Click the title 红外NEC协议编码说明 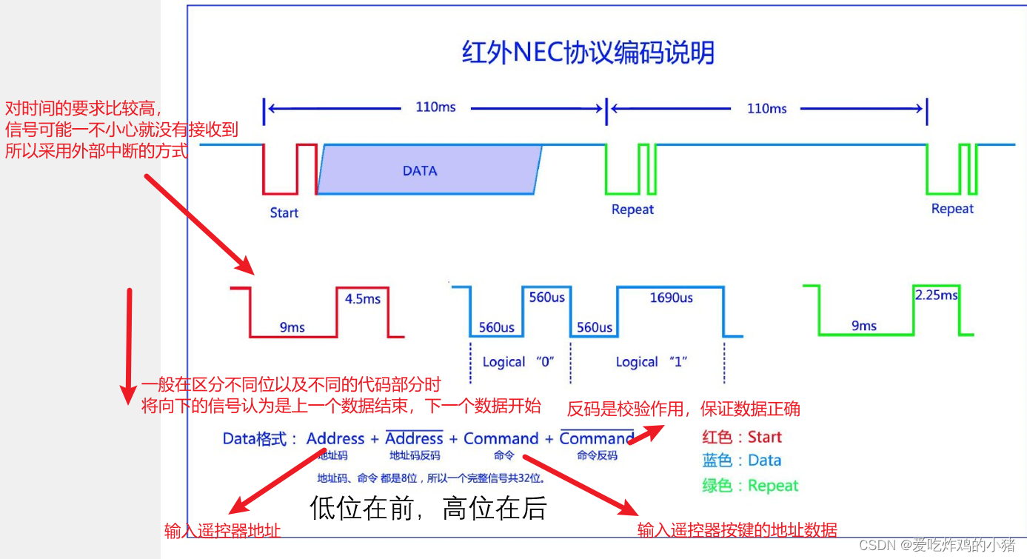588,53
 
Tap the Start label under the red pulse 284,213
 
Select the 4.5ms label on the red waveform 362,299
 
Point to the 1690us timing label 671,298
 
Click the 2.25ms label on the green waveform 936,295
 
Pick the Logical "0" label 518,362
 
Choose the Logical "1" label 652,362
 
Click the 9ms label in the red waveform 292,327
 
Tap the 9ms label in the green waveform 863,326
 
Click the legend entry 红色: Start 742,437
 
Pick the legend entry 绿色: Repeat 750,486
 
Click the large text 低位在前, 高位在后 428,509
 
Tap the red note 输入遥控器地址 222,531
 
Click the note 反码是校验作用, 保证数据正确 683,409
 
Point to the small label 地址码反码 414,455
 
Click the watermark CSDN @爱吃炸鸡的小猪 937,546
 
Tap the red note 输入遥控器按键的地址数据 737,530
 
